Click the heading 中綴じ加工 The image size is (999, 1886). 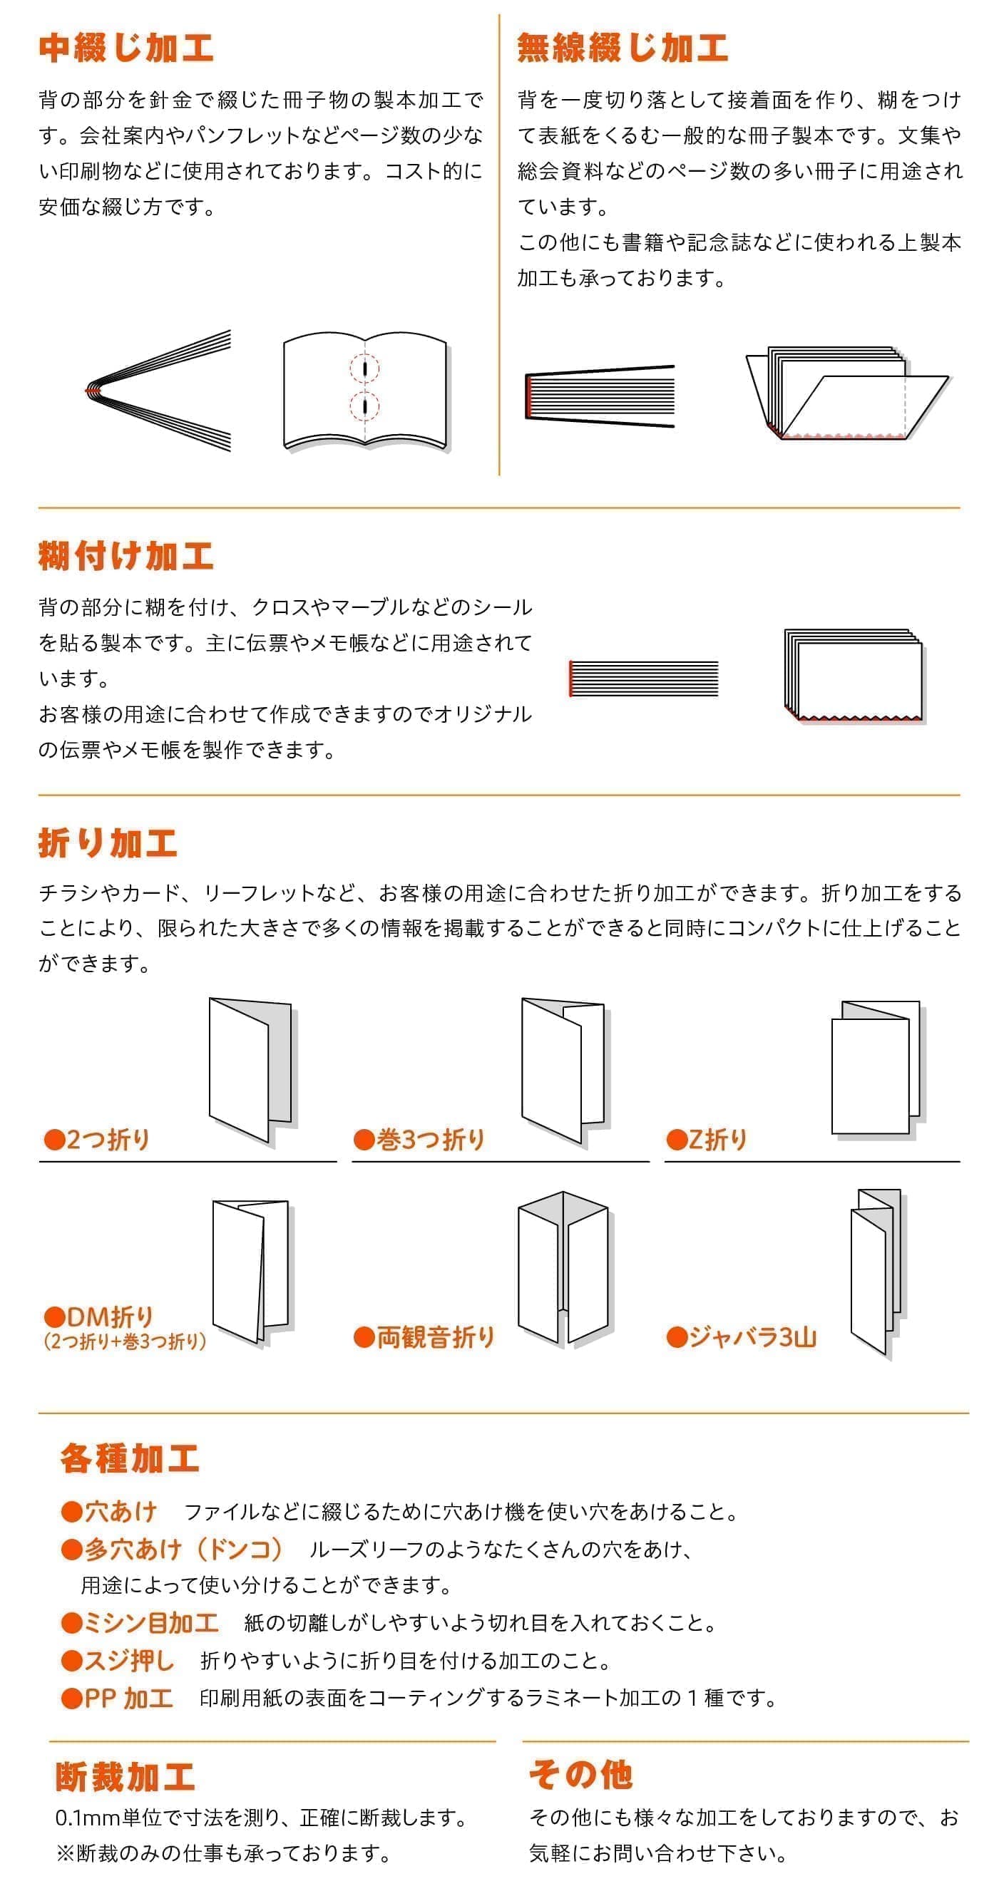pyautogui.click(x=126, y=48)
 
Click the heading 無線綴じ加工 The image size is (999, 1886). pyautogui.click(x=623, y=48)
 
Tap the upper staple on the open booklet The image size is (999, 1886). pyautogui.click(x=365, y=369)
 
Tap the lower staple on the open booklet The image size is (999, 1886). pyautogui.click(x=365, y=405)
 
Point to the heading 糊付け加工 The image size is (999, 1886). pyautogui.click(x=126, y=557)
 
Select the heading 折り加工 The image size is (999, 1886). pyautogui.click(x=108, y=843)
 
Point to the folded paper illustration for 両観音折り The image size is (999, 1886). pyautogui.click(x=563, y=1268)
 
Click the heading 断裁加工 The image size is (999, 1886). pyautogui.click(x=125, y=1778)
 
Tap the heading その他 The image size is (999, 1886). pyautogui.click(x=581, y=1775)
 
